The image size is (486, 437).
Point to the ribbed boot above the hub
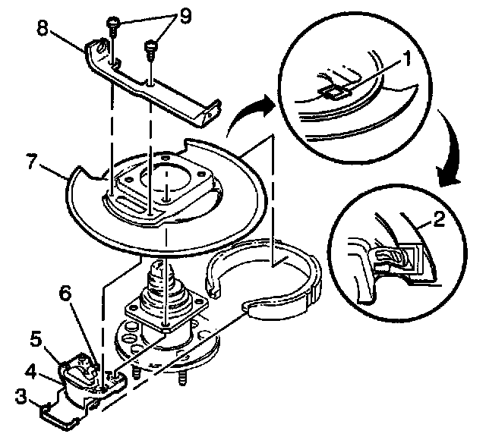click(x=163, y=284)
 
